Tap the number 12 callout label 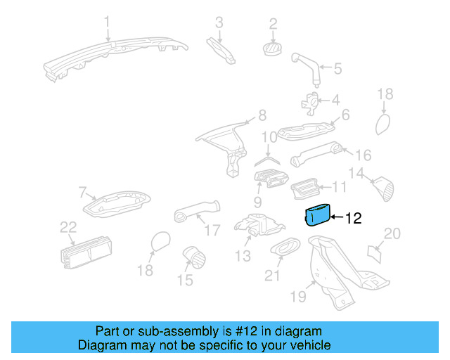coord(353,218)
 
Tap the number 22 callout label coord(67,227)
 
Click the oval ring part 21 coord(284,247)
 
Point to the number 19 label coord(298,297)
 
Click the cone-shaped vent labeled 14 coord(384,188)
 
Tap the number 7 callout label coord(82,191)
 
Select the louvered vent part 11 coord(307,188)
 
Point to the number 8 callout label coord(262,115)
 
